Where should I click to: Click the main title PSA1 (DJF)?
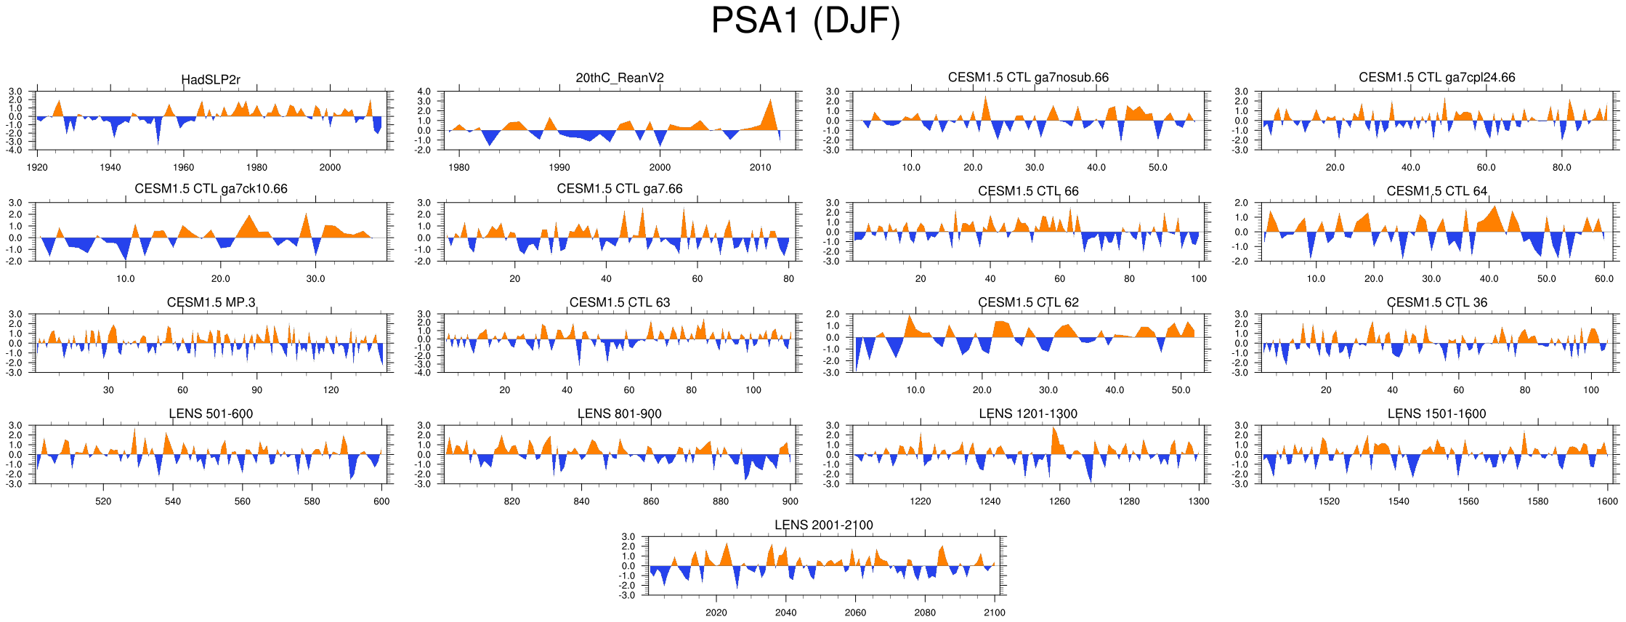pyautogui.click(x=805, y=21)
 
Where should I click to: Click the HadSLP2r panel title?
pyautogui.click(x=211, y=80)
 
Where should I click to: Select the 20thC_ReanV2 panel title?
pyautogui.click(x=620, y=78)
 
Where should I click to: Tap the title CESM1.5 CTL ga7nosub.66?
pyautogui.click(x=1028, y=78)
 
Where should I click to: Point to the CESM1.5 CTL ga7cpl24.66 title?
pyautogui.click(x=1436, y=78)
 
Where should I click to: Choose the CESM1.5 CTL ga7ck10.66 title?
pyautogui.click(x=211, y=189)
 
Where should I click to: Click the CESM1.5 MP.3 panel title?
pyautogui.click(x=211, y=302)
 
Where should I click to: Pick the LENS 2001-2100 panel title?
pyautogui.click(x=823, y=525)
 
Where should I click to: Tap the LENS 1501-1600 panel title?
pyautogui.click(x=1436, y=413)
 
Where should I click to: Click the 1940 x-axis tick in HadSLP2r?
pyautogui.click(x=110, y=168)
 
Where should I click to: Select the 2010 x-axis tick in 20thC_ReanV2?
pyautogui.click(x=760, y=168)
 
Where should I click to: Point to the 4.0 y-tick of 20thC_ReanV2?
pyautogui.click(x=424, y=92)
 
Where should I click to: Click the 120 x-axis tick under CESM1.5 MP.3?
pyautogui.click(x=331, y=390)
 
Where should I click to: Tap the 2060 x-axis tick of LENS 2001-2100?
pyautogui.click(x=855, y=613)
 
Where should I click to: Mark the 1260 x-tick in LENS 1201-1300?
pyautogui.click(x=1059, y=501)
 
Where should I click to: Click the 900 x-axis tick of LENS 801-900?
pyautogui.click(x=790, y=501)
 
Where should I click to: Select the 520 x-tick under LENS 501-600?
pyautogui.click(x=103, y=501)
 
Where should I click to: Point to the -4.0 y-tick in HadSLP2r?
pyautogui.click(x=15, y=150)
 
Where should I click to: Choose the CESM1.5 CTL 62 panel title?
pyautogui.click(x=1028, y=302)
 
